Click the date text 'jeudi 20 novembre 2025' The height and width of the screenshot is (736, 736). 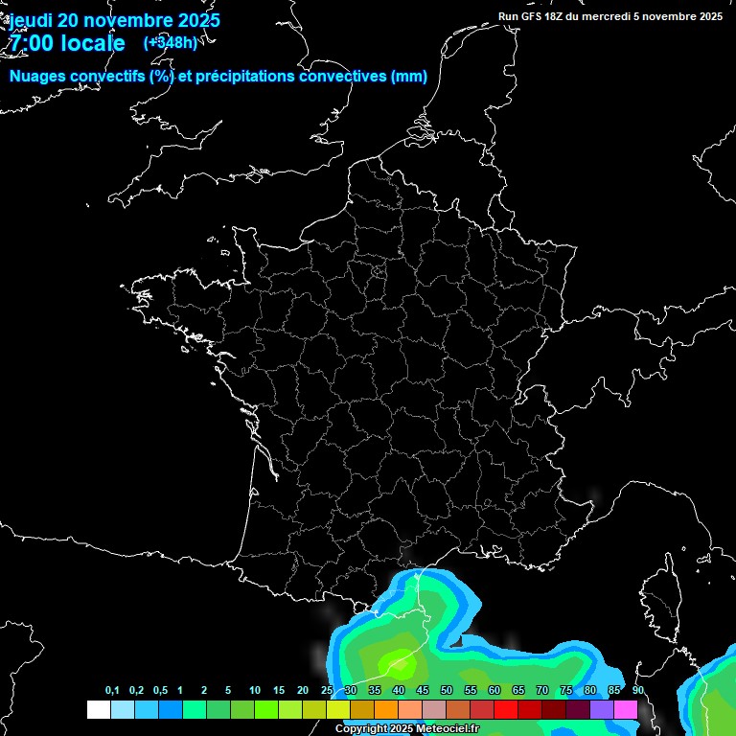pos(114,20)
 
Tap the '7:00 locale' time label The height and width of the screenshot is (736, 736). pos(66,43)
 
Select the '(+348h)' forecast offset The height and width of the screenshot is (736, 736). pos(171,42)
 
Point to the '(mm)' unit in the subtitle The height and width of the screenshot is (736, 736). pos(409,77)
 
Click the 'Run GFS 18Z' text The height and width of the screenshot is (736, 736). pos(533,16)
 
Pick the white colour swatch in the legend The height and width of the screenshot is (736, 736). pos(98,709)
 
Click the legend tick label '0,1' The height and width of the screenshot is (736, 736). pos(112,691)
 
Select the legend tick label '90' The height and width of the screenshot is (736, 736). pos(637,691)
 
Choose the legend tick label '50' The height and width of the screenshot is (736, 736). pos(447,691)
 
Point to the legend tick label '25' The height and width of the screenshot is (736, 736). pos(327,691)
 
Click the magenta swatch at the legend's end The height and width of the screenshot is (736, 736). pos(626,709)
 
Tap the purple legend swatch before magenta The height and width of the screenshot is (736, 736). pos(602,709)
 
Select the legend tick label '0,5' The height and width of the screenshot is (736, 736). pos(160,691)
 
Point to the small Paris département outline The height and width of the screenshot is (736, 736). pos(379,272)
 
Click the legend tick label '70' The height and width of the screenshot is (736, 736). pos(542,691)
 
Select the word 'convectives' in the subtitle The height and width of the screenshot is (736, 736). pos(344,77)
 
